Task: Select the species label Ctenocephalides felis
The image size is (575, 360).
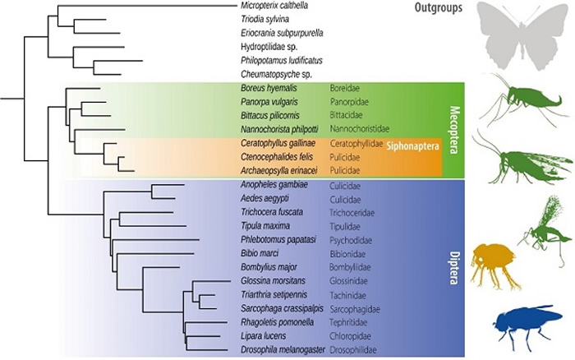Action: pos(274,156)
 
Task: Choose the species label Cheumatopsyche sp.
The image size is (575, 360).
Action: pos(273,74)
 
